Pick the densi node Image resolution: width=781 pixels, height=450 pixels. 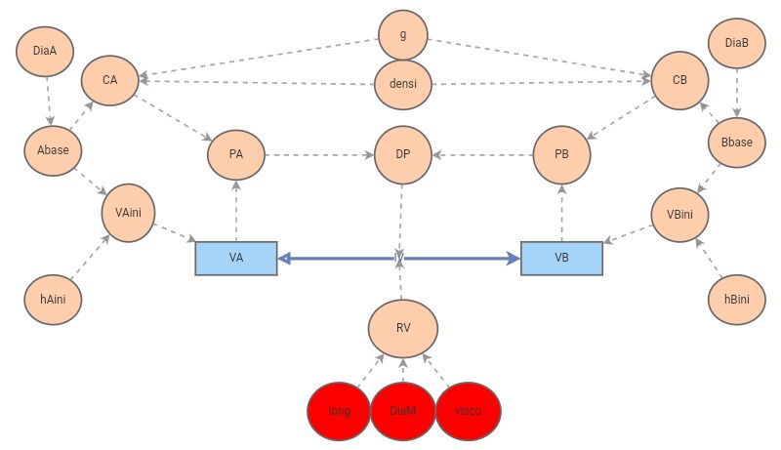[403, 84]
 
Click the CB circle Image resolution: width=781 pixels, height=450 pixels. [679, 80]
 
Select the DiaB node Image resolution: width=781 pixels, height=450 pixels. [737, 44]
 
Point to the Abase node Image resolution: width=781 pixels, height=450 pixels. [53, 149]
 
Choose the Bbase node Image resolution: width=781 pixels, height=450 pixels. [736, 143]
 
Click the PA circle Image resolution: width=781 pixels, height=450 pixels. [236, 154]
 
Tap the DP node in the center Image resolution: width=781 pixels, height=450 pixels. [402, 155]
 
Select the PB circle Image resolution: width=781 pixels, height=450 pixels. [561, 155]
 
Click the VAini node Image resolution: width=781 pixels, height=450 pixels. [128, 211]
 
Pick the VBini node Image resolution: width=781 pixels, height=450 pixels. [680, 214]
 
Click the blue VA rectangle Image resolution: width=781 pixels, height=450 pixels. [236, 258]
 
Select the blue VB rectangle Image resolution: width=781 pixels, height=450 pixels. [561, 258]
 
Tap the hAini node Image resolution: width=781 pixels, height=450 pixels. [53, 299]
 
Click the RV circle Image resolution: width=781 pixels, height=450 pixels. [402, 327]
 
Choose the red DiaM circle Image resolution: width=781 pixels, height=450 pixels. [403, 411]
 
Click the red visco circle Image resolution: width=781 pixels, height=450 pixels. [468, 411]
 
